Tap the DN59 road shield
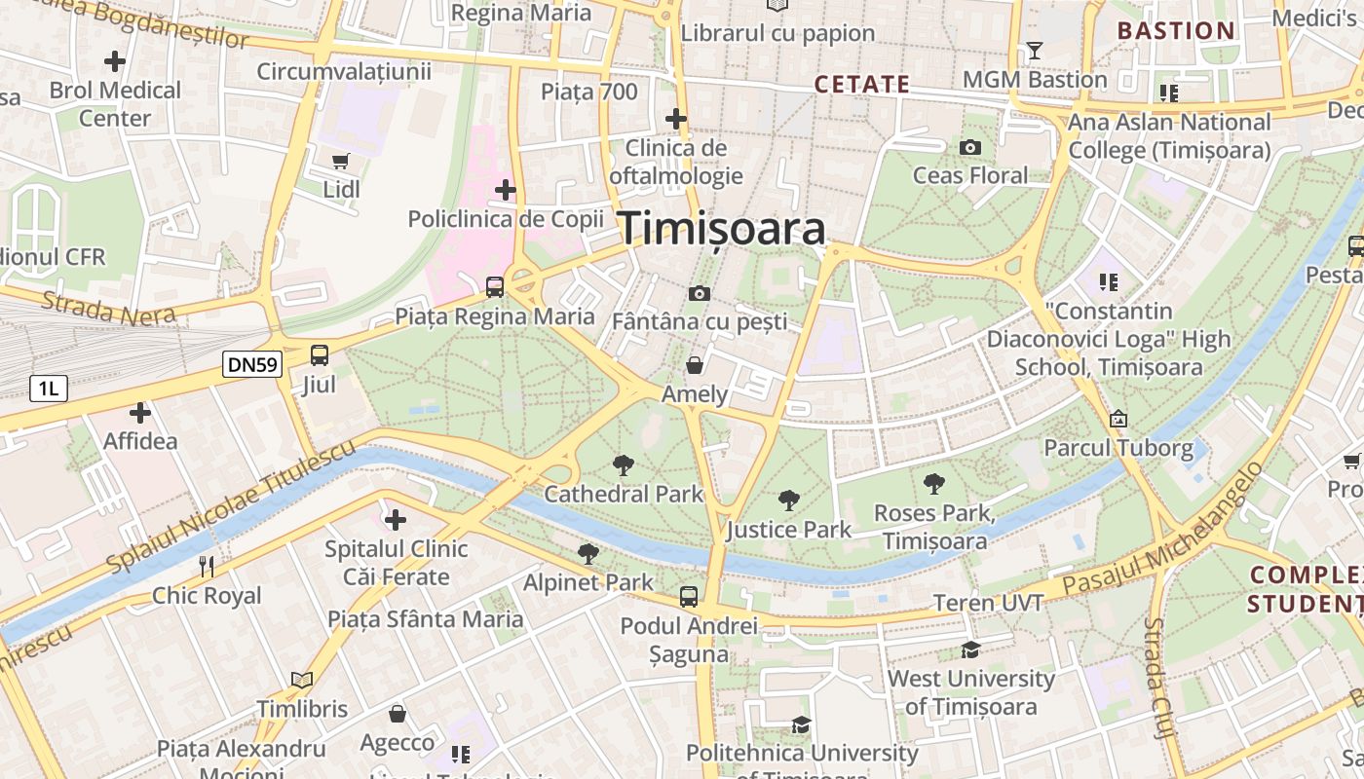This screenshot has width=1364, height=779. (x=252, y=365)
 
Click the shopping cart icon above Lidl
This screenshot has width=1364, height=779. (x=340, y=161)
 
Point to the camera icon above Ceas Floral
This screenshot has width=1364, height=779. (x=969, y=147)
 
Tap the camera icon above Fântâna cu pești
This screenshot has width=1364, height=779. (x=699, y=293)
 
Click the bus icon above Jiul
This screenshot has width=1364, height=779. (x=320, y=355)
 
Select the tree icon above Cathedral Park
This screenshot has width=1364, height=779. (x=623, y=465)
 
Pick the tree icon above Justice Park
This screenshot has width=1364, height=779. (x=788, y=501)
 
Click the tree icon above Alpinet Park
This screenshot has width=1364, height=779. (x=587, y=554)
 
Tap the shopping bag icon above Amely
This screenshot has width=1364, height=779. (x=695, y=365)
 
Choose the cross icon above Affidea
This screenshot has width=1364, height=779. (x=140, y=413)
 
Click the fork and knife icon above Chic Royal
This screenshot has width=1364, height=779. (x=206, y=566)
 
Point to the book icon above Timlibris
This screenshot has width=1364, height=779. (x=302, y=680)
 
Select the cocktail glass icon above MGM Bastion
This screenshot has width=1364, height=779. (x=1035, y=50)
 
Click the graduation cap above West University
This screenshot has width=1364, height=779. (x=970, y=649)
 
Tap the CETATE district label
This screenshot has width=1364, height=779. (x=862, y=85)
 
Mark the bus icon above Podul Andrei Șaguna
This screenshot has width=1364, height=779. (x=689, y=597)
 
